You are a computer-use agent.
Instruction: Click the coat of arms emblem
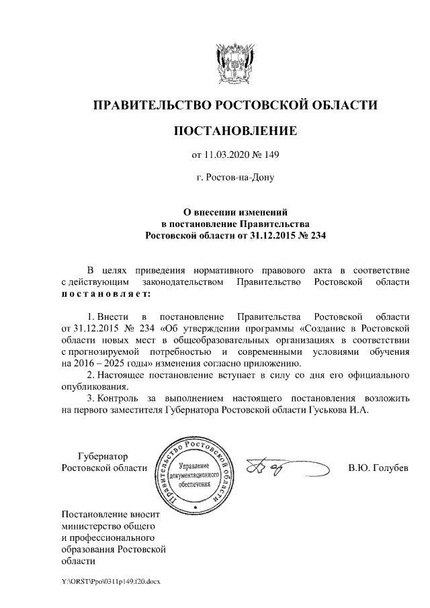click(x=234, y=61)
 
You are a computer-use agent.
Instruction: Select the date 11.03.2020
click(x=226, y=156)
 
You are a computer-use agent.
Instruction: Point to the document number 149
click(x=269, y=156)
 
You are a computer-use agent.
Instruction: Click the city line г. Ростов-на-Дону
click(x=234, y=178)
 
